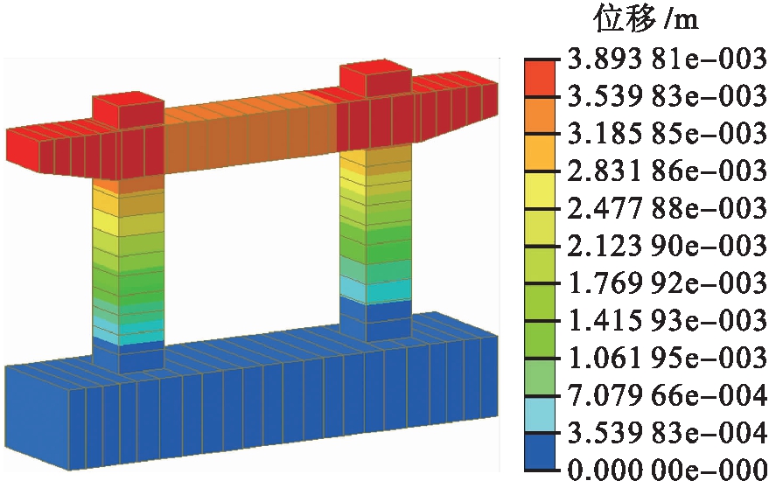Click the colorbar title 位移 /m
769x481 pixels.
click(646, 20)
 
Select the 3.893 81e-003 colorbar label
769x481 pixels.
click(667, 59)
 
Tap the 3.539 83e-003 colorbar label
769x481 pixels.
click(667, 95)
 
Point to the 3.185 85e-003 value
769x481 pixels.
click(667, 133)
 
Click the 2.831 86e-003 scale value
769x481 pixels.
click(667, 171)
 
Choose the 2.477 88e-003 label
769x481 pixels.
click(667, 208)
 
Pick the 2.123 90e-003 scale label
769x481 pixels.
click(667, 245)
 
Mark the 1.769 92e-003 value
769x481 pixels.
click(667, 282)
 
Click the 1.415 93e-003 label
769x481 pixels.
click(667, 320)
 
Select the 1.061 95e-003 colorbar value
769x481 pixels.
click(667, 358)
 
